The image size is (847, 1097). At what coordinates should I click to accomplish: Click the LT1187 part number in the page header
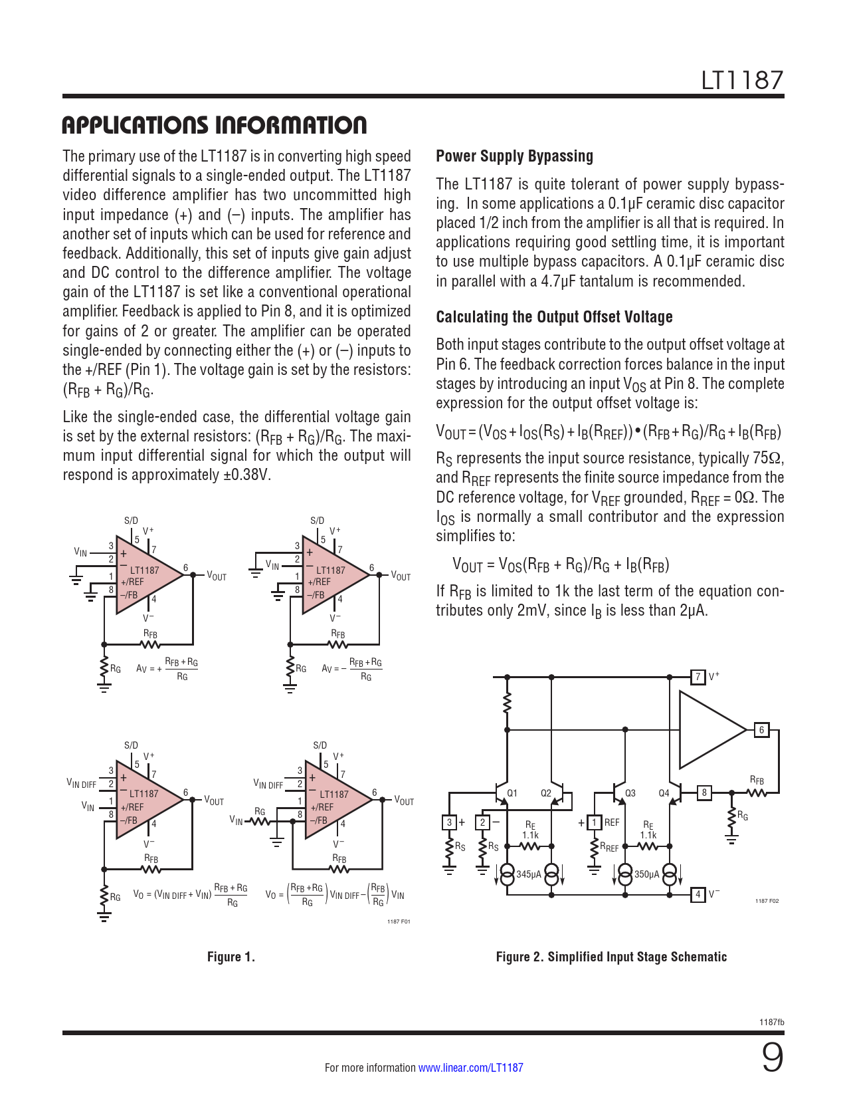pyautogui.click(x=742, y=80)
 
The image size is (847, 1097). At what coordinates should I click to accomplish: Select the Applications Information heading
pyautogui.click(x=214, y=125)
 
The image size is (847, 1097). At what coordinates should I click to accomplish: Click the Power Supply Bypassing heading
pyautogui.click(x=514, y=156)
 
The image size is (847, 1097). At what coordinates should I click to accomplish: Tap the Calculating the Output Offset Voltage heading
pyautogui.click(x=554, y=317)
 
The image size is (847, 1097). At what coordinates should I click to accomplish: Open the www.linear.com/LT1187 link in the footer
pyautogui.click(x=470, y=1068)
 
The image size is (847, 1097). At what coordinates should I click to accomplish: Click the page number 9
pyautogui.click(x=772, y=1058)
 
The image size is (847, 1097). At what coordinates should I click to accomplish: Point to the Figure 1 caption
pyautogui.click(x=231, y=957)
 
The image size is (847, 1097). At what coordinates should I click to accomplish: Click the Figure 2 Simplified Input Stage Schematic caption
pyautogui.click(x=611, y=957)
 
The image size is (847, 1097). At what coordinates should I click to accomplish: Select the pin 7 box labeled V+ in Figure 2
pyautogui.click(x=698, y=677)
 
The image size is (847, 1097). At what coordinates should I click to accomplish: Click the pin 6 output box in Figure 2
pyautogui.click(x=761, y=730)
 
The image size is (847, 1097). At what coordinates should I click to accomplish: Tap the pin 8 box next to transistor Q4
pyautogui.click(x=704, y=792)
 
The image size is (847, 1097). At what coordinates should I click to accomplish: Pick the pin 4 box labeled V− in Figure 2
pyautogui.click(x=698, y=894)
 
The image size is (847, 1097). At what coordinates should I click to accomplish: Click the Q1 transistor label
pyautogui.click(x=512, y=793)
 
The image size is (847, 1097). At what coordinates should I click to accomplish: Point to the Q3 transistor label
pyautogui.click(x=630, y=793)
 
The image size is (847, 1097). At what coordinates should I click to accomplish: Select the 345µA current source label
pyautogui.click(x=529, y=874)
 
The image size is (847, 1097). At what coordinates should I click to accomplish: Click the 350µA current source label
pyautogui.click(x=647, y=874)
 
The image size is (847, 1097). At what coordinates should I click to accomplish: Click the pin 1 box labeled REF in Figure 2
pyautogui.click(x=595, y=822)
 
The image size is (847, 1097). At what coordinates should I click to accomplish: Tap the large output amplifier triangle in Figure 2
pyautogui.click(x=709, y=729)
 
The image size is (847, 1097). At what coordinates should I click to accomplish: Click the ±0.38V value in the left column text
pyautogui.click(x=249, y=475)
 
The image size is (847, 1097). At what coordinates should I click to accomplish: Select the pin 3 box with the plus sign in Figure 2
pyautogui.click(x=449, y=822)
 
